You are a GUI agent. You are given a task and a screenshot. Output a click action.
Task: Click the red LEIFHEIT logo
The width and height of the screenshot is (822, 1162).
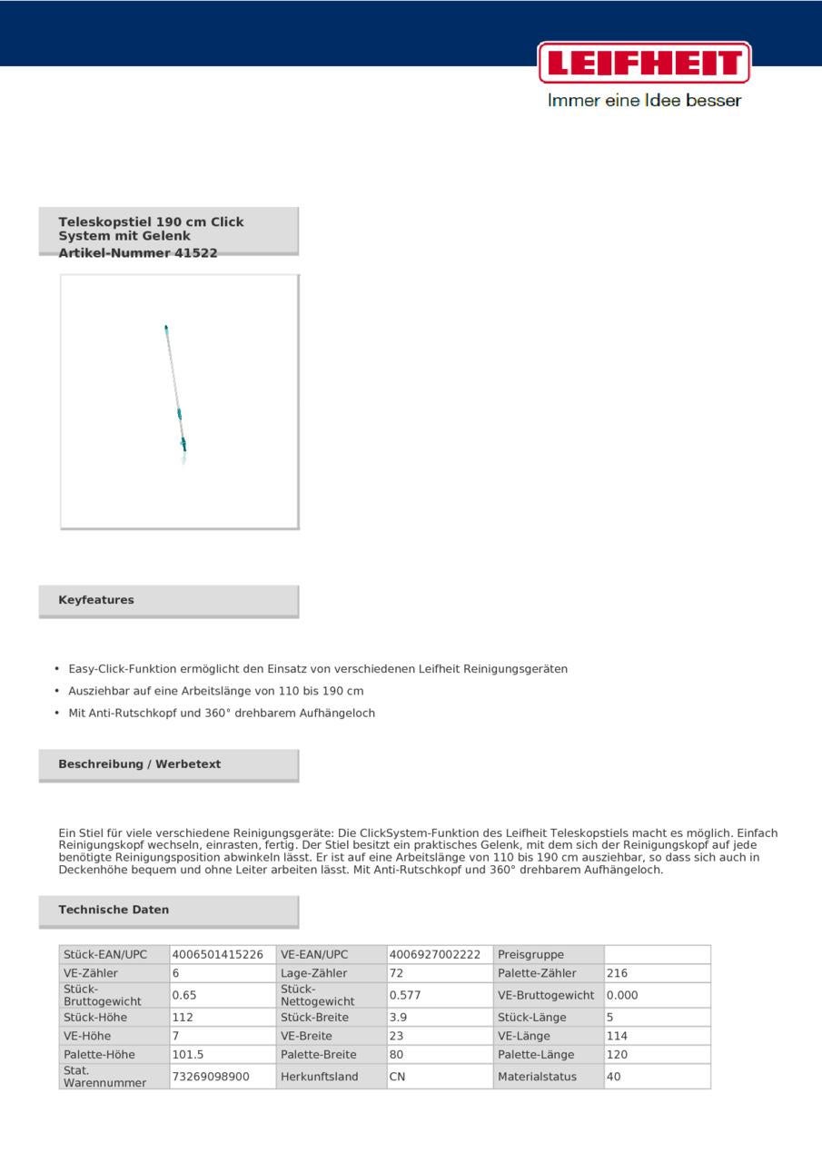pyautogui.click(x=644, y=63)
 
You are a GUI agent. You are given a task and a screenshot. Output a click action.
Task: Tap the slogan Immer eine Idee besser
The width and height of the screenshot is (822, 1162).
pyautogui.click(x=644, y=101)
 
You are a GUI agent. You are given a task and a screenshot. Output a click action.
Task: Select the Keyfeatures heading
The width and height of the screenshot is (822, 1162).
pyautogui.click(x=96, y=600)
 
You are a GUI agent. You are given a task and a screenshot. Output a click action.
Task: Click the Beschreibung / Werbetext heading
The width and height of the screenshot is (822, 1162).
pyautogui.click(x=140, y=764)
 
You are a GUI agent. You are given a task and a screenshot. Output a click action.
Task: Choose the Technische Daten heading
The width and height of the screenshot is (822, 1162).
pyautogui.click(x=114, y=910)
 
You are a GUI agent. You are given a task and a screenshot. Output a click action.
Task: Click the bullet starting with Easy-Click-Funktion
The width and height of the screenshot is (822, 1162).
pyautogui.click(x=318, y=669)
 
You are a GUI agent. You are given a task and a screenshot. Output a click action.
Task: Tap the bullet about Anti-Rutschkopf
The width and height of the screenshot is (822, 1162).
pyautogui.click(x=222, y=713)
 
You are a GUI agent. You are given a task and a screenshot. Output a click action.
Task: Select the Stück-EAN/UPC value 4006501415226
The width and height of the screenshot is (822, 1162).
pyautogui.click(x=218, y=955)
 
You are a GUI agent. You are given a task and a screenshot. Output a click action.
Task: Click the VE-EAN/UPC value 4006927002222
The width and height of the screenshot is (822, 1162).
pyautogui.click(x=435, y=955)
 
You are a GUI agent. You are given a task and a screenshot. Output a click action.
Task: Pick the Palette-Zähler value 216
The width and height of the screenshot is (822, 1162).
pyautogui.click(x=618, y=973)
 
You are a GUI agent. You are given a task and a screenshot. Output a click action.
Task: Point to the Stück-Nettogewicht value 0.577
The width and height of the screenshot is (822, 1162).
pyautogui.click(x=405, y=995)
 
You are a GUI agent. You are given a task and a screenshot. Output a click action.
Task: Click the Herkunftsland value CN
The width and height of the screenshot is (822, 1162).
pyautogui.click(x=397, y=1077)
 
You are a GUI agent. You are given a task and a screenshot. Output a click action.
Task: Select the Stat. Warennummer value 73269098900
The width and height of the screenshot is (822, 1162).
pyautogui.click(x=211, y=1077)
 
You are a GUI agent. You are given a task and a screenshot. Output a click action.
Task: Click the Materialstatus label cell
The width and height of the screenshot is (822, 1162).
pyautogui.click(x=537, y=1077)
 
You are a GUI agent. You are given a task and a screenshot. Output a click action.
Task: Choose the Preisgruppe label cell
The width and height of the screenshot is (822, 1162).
pyautogui.click(x=531, y=955)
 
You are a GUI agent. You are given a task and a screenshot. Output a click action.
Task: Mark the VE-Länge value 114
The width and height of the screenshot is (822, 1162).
pyautogui.click(x=618, y=1036)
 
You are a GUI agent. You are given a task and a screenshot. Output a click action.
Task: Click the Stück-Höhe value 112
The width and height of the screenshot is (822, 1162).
pyautogui.click(x=183, y=1018)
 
